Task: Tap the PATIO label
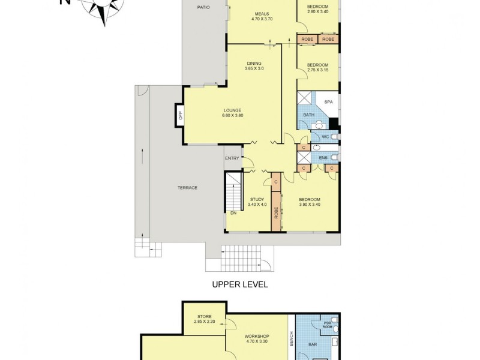point(204,7)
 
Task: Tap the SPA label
point(328,102)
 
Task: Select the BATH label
point(308,115)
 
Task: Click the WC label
point(325,137)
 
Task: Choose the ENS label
point(323,158)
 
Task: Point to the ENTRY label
point(232,158)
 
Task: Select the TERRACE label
point(187,188)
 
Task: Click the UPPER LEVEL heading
point(240,284)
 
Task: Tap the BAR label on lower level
point(313,345)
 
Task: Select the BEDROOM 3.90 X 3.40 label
point(310,202)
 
